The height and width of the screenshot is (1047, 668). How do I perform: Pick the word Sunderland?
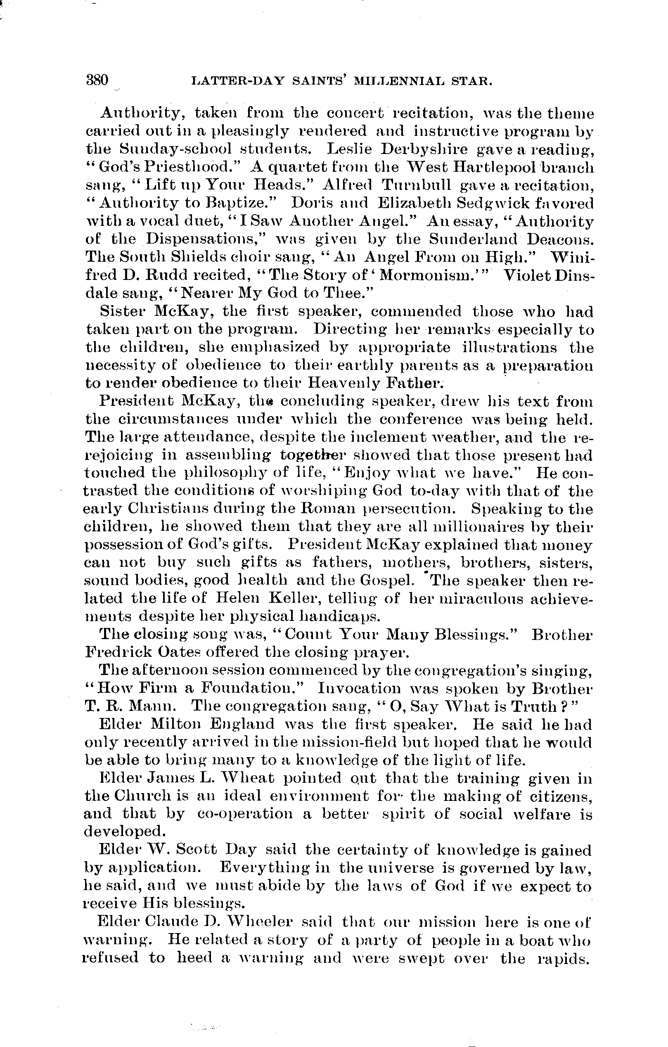coord(474,239)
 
